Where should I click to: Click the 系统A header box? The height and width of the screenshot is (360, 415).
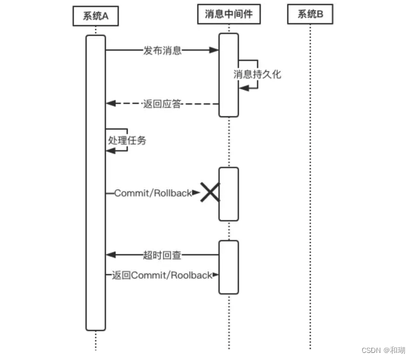coord(96,15)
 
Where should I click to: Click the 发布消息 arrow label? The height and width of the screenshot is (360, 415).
coord(162,51)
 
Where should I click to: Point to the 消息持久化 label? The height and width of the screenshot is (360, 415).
coord(257,74)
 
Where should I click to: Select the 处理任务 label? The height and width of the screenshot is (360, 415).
coord(127,140)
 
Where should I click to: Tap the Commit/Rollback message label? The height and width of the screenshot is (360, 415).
coord(153,193)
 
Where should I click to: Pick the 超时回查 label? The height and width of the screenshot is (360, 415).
coord(162,255)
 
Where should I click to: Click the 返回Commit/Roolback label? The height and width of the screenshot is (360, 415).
coord(162,275)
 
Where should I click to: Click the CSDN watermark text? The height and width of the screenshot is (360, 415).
coord(383,350)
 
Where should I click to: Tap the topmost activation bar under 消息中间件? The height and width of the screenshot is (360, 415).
coord(228,75)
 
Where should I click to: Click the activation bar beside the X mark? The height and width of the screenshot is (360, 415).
coord(228,194)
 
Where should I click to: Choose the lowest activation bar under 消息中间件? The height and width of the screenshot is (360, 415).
coord(228,267)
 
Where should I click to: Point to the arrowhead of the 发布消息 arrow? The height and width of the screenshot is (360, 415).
coord(215,50)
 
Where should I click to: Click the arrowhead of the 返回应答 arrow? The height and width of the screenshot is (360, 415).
coord(110,103)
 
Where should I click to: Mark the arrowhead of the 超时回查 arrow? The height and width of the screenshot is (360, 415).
coord(110,255)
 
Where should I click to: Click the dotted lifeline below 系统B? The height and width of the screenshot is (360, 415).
coord(310,193)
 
